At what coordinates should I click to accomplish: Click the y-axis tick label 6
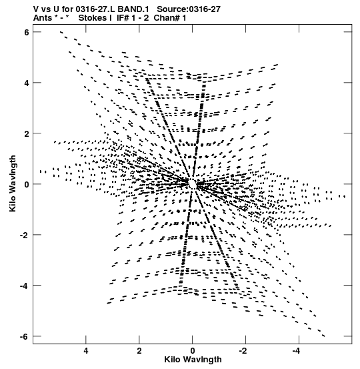pyautogui.click(x=27, y=32)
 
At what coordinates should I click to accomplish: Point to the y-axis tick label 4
pyautogui.click(x=27, y=83)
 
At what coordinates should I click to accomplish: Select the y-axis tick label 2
pyautogui.click(x=27, y=133)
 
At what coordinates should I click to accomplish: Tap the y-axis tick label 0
pyautogui.click(x=27, y=184)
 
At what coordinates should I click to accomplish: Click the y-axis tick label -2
pyautogui.click(x=25, y=235)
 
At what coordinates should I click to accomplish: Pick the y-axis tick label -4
pyautogui.click(x=25, y=286)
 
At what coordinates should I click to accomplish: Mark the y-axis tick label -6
pyautogui.click(x=25, y=336)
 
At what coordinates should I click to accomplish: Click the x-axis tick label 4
pyautogui.click(x=86, y=351)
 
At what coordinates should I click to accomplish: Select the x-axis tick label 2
pyautogui.click(x=139, y=351)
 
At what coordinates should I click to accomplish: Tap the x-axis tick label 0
pyautogui.click(x=193, y=351)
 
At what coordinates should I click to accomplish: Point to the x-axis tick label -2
pyautogui.click(x=243, y=351)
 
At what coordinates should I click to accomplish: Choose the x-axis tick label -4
pyautogui.click(x=297, y=351)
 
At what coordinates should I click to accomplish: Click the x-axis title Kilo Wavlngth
pyautogui.click(x=193, y=360)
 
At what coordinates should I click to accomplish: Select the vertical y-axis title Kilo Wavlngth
pyautogui.click(x=13, y=183)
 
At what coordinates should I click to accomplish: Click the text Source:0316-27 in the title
pyautogui.click(x=189, y=9)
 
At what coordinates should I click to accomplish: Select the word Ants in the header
pyautogui.click(x=42, y=18)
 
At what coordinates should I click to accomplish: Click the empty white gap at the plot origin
pyautogui.click(x=193, y=183)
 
